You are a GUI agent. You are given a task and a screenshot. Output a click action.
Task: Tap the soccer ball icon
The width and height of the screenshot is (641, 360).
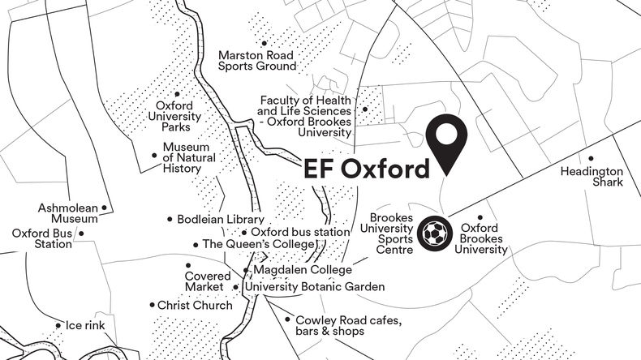click(x=435, y=235)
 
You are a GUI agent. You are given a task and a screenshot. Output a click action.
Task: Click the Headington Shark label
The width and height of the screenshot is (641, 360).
click(x=592, y=177)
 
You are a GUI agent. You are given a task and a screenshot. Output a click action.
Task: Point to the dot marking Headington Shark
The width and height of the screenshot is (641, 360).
click(x=592, y=158)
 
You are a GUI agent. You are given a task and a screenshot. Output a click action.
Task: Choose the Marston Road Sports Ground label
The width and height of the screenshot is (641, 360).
click(x=257, y=61)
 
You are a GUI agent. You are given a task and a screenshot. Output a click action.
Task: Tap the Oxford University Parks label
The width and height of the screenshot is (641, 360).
click(x=174, y=116)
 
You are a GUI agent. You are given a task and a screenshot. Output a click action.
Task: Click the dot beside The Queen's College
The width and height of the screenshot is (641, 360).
click(x=196, y=244)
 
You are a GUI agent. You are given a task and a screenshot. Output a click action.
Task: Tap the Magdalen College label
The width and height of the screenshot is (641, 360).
click(x=303, y=269)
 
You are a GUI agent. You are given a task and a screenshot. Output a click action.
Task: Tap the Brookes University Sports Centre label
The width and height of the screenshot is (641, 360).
click(x=391, y=234)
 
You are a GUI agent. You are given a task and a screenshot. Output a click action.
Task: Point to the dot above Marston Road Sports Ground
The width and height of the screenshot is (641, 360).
click(x=264, y=44)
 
